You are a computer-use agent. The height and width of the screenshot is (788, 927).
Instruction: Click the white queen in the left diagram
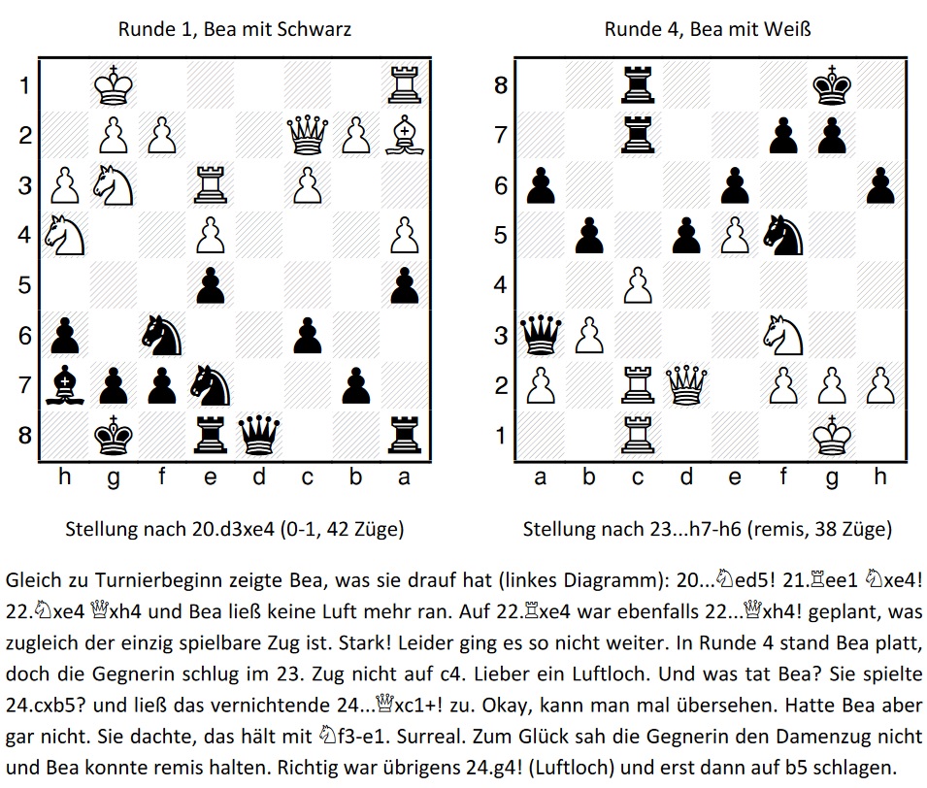(307, 135)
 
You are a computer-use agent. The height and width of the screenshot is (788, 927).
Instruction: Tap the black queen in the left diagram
(258, 436)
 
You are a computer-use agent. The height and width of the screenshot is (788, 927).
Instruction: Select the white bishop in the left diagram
(405, 135)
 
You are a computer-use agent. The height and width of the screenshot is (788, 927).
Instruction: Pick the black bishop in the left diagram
(64, 385)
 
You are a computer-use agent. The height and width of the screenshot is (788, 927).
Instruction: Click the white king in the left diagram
(114, 85)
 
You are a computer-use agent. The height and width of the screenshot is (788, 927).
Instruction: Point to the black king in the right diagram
(832, 85)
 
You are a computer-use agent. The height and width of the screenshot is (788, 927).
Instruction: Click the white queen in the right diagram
(686, 385)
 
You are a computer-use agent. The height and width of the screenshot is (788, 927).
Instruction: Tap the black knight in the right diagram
(783, 235)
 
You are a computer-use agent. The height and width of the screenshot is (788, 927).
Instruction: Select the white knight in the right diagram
(783, 335)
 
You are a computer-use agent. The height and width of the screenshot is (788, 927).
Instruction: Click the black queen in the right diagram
(541, 335)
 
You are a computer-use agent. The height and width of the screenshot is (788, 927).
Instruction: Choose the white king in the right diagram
(832, 436)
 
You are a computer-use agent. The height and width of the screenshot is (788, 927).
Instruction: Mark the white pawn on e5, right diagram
(735, 235)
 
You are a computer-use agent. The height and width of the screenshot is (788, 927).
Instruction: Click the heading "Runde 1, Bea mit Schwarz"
(235, 29)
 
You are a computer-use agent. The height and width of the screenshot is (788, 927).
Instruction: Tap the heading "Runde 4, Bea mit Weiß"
(708, 29)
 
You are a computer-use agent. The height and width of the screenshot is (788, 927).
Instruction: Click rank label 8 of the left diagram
(25, 436)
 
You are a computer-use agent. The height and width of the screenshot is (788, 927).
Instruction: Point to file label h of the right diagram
(880, 476)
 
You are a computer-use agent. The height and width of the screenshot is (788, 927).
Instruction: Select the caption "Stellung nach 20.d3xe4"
(170, 529)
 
